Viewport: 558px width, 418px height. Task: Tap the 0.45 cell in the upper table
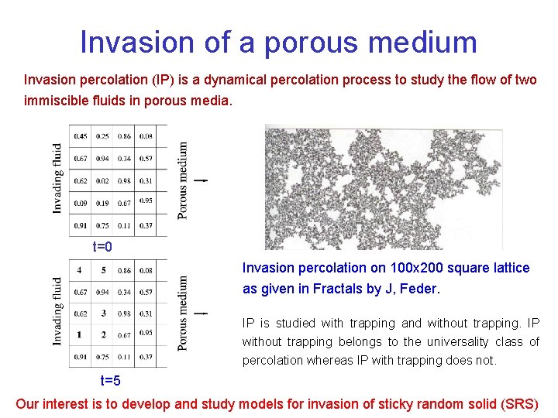click(81, 137)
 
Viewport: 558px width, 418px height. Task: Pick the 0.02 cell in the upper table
click(102, 181)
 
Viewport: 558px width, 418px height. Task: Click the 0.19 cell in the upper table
click(102, 203)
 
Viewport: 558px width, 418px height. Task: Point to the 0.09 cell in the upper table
click(81, 203)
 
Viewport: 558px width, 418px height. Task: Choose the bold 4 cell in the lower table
click(81, 271)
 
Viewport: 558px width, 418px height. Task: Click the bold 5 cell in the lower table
click(102, 271)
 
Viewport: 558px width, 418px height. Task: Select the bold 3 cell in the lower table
click(102, 313)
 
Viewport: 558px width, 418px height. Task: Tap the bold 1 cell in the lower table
click(81, 335)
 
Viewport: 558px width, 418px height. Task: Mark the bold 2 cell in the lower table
click(102, 335)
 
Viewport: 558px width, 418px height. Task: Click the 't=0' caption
click(103, 247)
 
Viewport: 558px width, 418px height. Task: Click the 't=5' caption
click(111, 381)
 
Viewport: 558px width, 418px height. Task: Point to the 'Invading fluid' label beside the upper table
click(58, 178)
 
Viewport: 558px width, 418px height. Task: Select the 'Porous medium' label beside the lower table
click(183, 313)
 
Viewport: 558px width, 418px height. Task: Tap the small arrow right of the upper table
click(201, 180)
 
